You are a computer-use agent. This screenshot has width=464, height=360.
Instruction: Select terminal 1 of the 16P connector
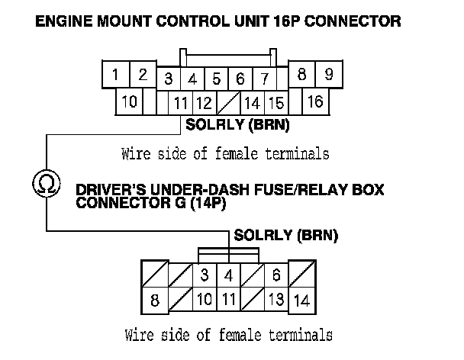[x=114, y=75]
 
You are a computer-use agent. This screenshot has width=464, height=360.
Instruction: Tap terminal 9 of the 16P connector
[x=328, y=75]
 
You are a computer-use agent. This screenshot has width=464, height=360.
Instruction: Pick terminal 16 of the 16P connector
[x=314, y=100]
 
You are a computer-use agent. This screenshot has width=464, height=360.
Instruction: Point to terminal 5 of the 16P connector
[x=217, y=79]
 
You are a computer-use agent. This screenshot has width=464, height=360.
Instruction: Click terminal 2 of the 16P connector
[x=142, y=75]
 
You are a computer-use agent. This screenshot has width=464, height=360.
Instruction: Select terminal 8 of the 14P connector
[x=155, y=300]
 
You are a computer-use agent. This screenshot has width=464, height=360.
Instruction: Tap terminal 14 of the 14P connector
[x=301, y=300]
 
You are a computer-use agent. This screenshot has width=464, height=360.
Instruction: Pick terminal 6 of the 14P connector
[x=276, y=274]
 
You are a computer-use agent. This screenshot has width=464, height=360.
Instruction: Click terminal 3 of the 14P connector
[x=204, y=274]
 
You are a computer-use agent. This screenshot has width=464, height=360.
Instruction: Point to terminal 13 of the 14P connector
[x=276, y=300]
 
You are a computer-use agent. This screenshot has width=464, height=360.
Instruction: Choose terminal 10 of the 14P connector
[x=204, y=300]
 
